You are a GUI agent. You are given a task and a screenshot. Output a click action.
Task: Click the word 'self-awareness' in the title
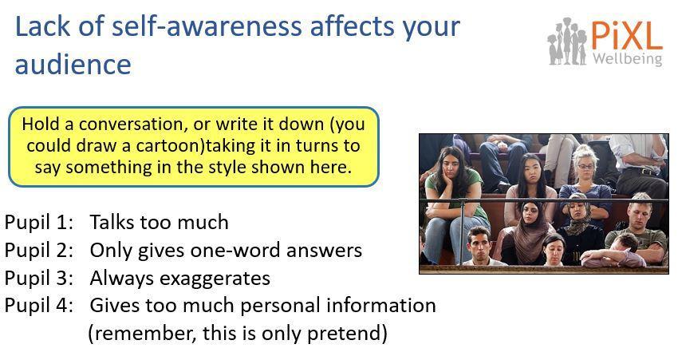click(x=207, y=26)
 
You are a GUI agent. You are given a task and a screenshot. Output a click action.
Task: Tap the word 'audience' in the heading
click(x=73, y=64)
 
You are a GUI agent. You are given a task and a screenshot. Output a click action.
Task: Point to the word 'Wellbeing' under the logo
click(x=628, y=58)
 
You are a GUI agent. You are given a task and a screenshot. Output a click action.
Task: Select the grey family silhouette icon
click(x=567, y=42)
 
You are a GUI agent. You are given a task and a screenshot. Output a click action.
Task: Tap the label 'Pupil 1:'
click(x=39, y=223)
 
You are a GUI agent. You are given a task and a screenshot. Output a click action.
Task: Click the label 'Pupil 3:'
click(x=39, y=279)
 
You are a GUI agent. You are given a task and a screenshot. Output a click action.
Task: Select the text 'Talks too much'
click(x=159, y=222)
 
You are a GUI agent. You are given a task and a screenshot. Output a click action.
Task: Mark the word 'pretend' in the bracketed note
click(x=341, y=334)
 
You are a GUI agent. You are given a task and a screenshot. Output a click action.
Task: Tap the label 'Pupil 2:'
click(x=39, y=251)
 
